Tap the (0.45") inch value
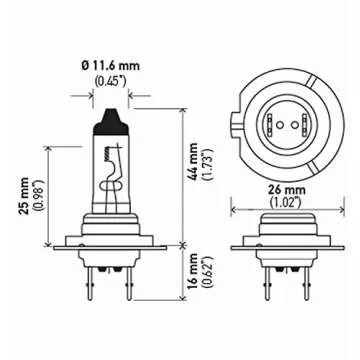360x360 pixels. (x=111, y=80)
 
